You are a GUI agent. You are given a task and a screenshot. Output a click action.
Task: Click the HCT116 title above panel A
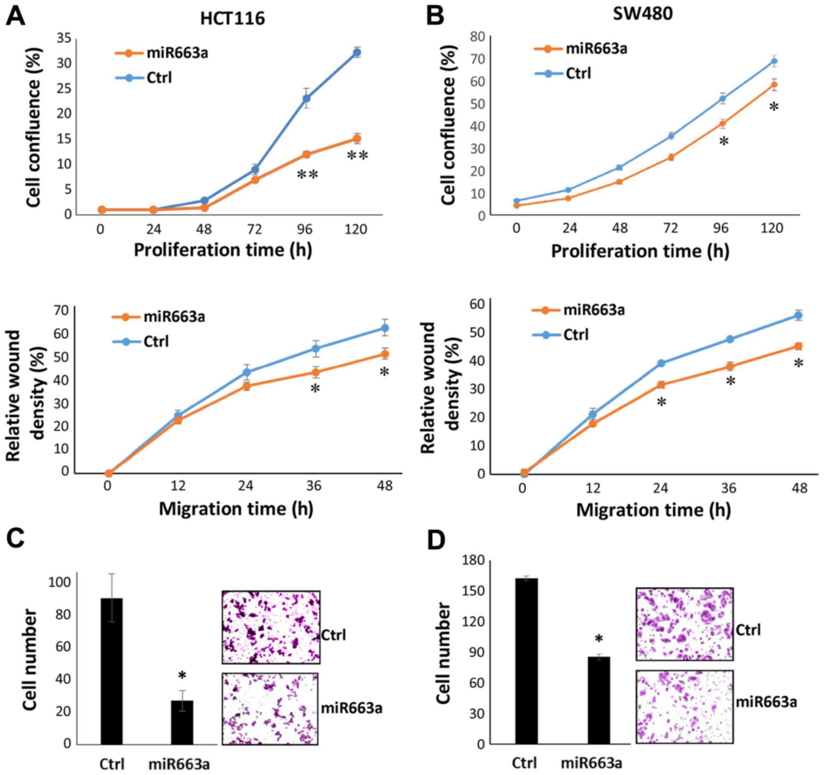pos(232,19)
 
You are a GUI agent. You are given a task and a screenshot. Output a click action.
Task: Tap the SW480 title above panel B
pos(643,14)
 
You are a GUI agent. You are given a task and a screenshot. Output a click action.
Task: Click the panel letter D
pos(436,541)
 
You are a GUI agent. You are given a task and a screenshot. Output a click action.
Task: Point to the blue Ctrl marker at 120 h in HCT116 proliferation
pos(357,52)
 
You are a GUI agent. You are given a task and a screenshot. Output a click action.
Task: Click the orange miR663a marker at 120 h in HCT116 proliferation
pos(357,139)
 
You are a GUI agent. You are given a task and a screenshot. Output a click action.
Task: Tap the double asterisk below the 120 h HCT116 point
pos(357,156)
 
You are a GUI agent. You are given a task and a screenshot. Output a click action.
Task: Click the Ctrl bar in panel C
pos(112,671)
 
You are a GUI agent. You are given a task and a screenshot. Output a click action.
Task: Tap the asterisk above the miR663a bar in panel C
pos(182,676)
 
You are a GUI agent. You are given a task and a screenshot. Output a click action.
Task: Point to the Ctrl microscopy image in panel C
pos(271,627)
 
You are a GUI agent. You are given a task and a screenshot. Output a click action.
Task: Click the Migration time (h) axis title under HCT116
pos(236,508)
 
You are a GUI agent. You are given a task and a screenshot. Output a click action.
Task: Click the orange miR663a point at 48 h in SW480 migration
pos(798,346)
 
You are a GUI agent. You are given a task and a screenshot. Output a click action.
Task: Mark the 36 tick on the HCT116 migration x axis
pos(314,486)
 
